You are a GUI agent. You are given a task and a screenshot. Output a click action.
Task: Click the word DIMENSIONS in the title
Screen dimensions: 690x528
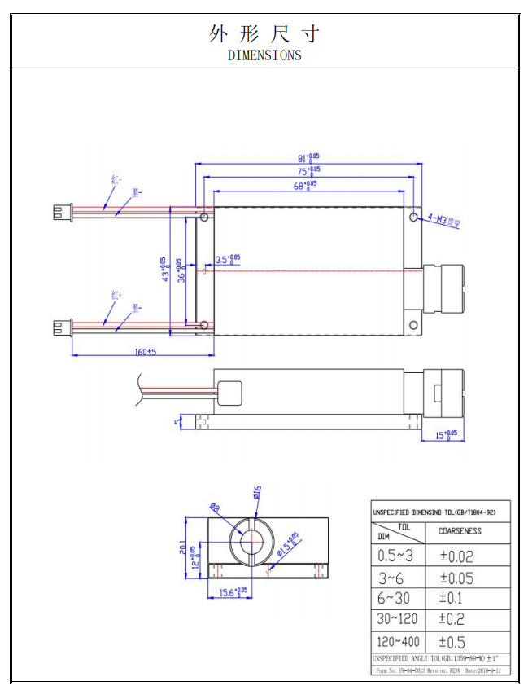[x=264, y=55]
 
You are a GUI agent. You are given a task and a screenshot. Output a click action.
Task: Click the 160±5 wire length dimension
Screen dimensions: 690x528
[x=146, y=352]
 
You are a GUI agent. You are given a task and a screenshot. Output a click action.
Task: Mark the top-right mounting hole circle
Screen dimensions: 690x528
[x=414, y=218]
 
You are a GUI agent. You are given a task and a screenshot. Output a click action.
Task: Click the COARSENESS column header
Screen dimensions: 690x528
[x=460, y=531]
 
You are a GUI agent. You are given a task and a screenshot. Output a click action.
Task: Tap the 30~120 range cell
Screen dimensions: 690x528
[x=399, y=619]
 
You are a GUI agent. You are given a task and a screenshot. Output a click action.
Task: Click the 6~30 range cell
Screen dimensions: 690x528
[x=395, y=599]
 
